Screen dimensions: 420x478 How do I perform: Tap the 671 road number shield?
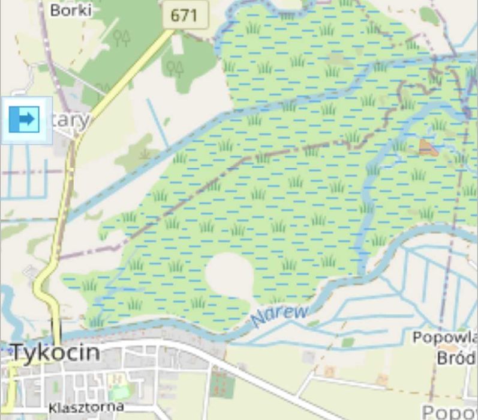[x=185, y=14]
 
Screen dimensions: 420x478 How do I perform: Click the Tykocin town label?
[x=55, y=352]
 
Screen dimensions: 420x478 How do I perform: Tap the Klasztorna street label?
[x=86, y=407]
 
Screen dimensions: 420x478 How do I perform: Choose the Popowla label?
[x=444, y=338]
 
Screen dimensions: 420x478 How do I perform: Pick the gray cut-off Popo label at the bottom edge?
[x=450, y=412]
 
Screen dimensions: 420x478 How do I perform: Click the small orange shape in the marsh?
[x=428, y=147]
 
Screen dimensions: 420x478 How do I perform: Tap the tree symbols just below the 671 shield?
[x=175, y=67]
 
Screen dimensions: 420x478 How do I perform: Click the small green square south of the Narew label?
[x=348, y=342]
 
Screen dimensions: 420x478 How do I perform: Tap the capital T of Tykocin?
[x=20, y=352]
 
